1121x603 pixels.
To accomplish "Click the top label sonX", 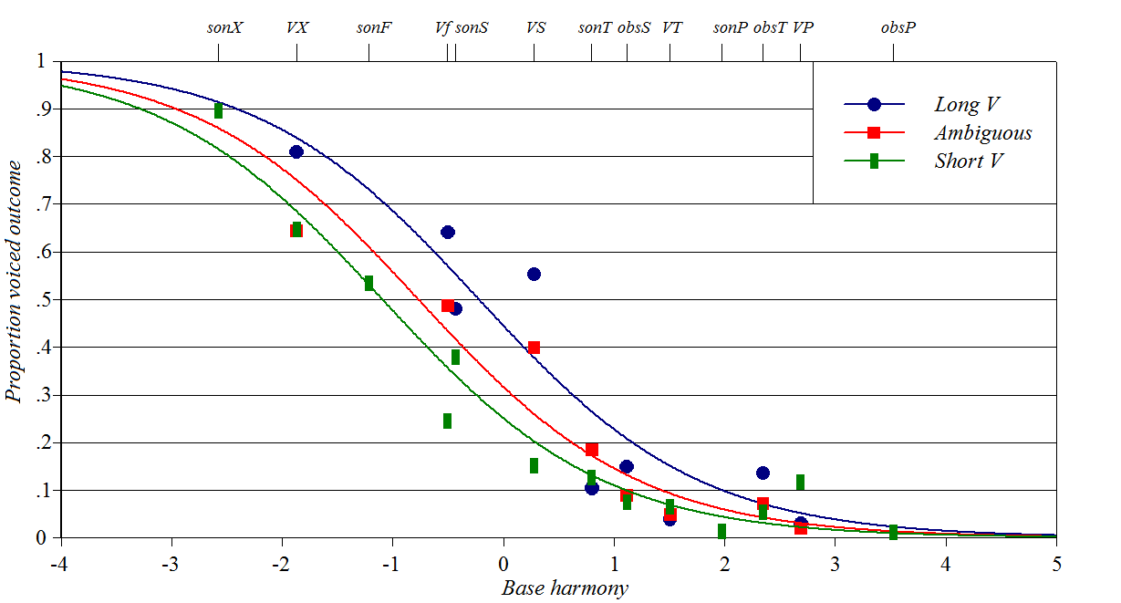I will coord(224,27).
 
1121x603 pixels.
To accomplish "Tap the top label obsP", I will coord(898,27).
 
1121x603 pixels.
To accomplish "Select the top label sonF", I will coord(374,27).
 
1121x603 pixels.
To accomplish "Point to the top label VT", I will coord(672,27).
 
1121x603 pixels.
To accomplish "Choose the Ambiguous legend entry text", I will coord(982,133).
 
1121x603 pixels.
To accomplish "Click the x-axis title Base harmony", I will coord(565,588).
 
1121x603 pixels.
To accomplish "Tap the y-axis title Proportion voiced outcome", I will coord(14,302).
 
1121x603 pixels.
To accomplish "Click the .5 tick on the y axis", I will coord(42,300).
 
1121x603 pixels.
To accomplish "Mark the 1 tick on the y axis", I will coord(40,61).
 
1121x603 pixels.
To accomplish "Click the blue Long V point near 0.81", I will coord(296,151).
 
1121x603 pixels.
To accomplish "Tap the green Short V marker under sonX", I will coord(219,110).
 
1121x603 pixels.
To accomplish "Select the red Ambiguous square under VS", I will coord(535,348).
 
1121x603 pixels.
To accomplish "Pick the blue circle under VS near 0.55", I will coord(535,274).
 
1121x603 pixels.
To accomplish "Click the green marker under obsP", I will coord(894,532).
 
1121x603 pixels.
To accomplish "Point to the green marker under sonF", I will coord(368,283).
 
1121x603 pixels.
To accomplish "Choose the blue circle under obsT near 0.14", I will coord(763,473).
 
